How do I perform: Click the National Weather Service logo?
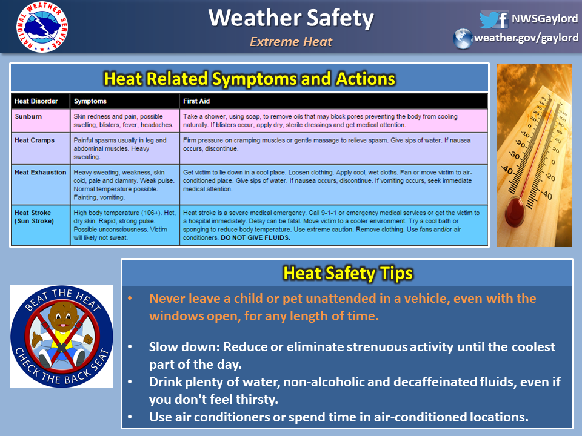(42, 27)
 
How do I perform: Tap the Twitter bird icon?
(488, 19)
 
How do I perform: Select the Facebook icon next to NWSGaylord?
(503, 19)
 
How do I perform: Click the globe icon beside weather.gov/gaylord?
(463, 39)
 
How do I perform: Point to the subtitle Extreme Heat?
(291, 42)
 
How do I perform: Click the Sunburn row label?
(28, 116)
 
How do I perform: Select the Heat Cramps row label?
(35, 140)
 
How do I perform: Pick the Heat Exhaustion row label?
(41, 173)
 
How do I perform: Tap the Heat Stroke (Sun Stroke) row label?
(34, 217)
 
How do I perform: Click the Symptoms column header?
(90, 101)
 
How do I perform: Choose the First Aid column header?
(196, 101)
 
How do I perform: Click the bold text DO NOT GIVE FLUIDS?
(255, 237)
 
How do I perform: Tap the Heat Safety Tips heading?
(348, 273)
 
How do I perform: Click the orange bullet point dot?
(130, 299)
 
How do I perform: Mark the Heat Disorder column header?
(36, 101)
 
